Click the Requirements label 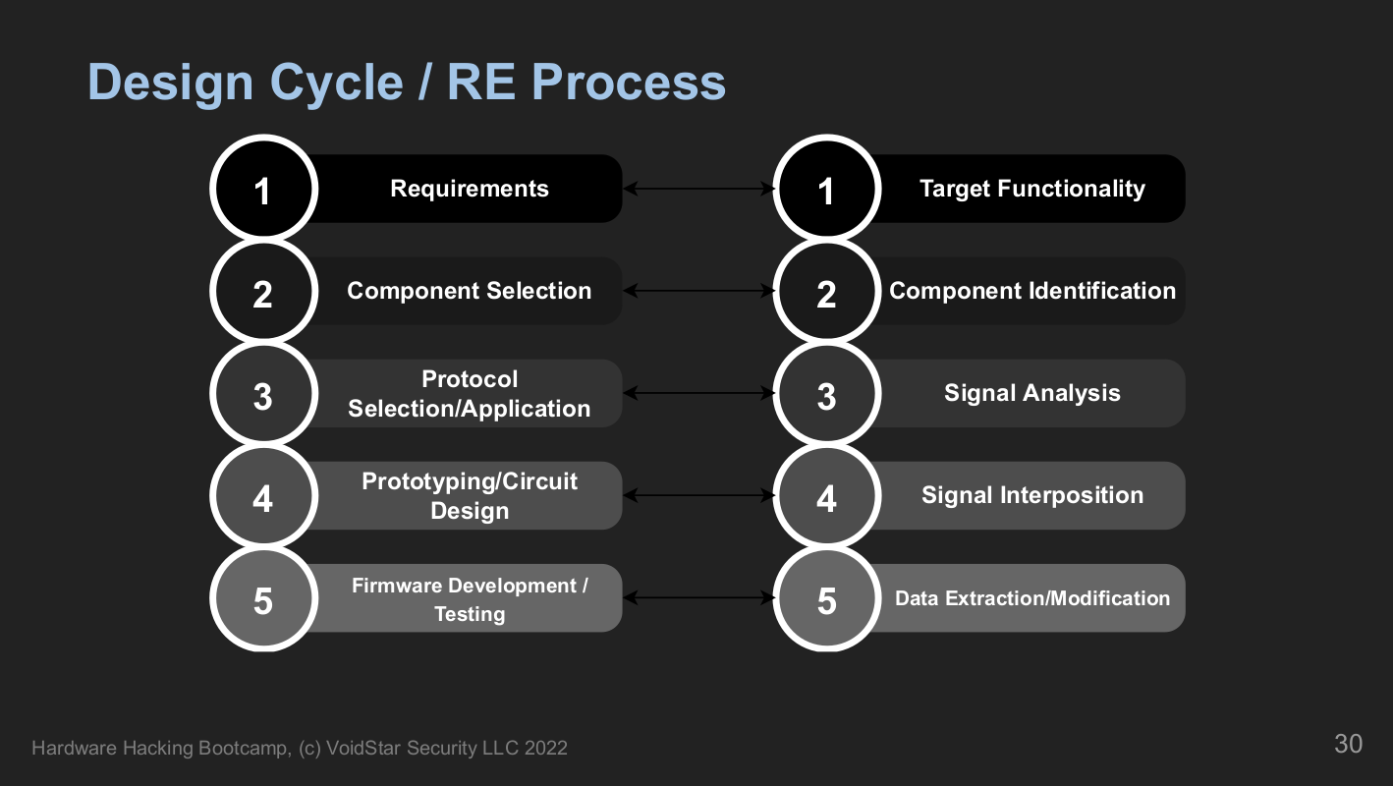tap(470, 189)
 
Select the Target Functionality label tap(1032, 189)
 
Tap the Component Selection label tap(470, 291)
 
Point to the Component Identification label tap(1032, 291)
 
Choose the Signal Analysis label tap(1032, 393)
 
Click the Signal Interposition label tap(1032, 495)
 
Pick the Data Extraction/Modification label tap(1032, 598)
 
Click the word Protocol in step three tap(470, 379)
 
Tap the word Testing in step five tap(470, 614)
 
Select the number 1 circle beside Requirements tap(263, 189)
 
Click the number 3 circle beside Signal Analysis tap(826, 393)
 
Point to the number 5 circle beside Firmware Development tap(263, 598)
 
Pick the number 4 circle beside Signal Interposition tap(826, 495)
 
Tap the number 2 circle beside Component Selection tap(263, 291)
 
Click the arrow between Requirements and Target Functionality tap(698, 189)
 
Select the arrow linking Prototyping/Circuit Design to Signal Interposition tap(698, 495)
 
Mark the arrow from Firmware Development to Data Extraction tap(698, 598)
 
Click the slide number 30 tap(1348, 745)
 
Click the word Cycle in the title tap(336, 83)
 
